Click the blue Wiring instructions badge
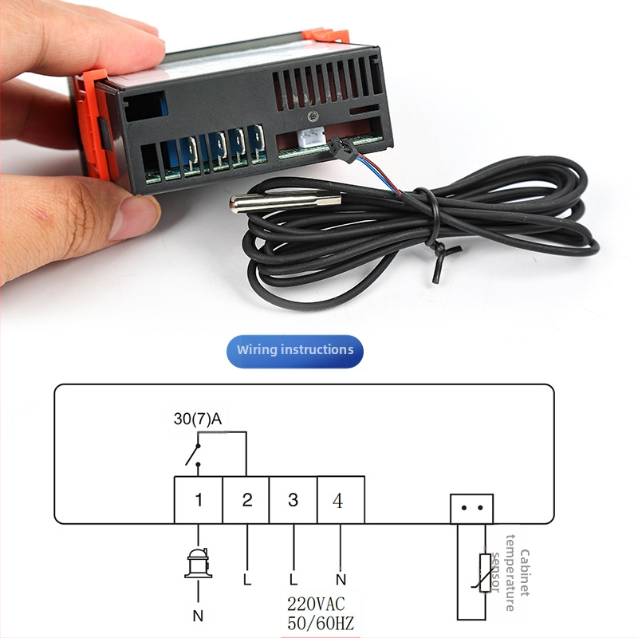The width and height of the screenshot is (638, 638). (294, 351)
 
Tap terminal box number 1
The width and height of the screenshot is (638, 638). (198, 500)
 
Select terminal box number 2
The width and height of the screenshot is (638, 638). (246, 500)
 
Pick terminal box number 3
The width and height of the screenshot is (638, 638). (293, 500)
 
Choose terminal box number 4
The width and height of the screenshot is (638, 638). (341, 500)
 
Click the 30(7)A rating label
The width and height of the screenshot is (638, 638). (198, 419)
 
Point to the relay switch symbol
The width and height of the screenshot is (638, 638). (193, 455)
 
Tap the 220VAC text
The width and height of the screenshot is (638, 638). (316, 604)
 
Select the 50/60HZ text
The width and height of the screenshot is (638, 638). (321, 623)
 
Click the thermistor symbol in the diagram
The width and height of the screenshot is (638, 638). (483, 573)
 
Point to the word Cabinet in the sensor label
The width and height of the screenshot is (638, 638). (525, 573)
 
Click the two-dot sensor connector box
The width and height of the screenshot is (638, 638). (471, 509)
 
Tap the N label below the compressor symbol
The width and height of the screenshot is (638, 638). (198, 616)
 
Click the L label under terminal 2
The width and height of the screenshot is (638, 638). (247, 580)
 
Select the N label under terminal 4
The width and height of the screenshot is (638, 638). (341, 580)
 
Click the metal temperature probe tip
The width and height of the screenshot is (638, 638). (285, 203)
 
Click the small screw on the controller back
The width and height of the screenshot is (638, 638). (313, 116)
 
